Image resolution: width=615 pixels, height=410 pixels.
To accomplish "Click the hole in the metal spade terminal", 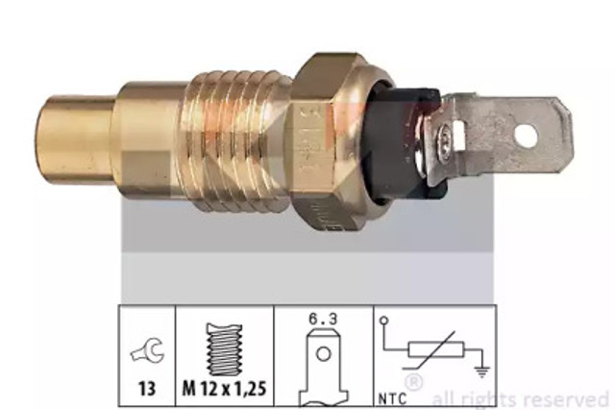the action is (x=526, y=137).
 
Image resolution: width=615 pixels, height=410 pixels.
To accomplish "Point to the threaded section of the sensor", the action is (x=234, y=140).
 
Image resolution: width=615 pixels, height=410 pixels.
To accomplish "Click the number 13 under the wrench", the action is (x=147, y=389).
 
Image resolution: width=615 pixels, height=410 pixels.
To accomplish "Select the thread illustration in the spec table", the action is (x=224, y=350).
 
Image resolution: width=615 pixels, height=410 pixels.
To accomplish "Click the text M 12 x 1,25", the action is (x=224, y=389).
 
